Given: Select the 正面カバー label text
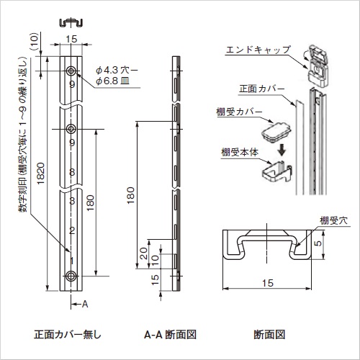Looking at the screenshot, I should point(258,89).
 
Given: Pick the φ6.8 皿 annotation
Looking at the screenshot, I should point(114,81).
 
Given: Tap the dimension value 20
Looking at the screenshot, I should point(145,253).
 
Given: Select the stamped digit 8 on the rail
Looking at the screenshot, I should point(71,173).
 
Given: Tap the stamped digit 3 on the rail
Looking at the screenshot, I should point(71,202).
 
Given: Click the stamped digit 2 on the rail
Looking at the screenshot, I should point(71,230).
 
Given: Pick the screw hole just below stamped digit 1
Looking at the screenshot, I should point(71,276).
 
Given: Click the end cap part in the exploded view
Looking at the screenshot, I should point(317,59).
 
